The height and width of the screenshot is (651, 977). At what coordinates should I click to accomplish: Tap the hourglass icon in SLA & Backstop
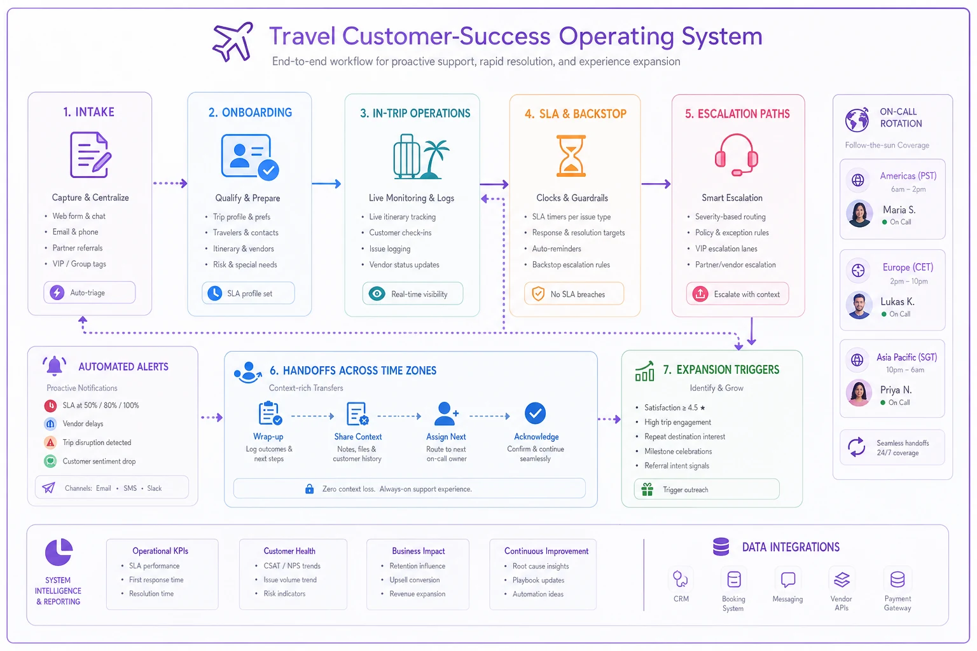point(571,156)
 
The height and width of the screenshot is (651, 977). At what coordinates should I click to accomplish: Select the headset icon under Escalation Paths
point(736,154)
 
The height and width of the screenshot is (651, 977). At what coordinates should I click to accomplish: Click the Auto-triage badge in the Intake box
point(90,292)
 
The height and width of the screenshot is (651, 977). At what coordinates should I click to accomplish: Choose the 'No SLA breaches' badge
point(574,294)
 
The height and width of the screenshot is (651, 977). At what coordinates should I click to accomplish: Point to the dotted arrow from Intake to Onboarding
point(170,183)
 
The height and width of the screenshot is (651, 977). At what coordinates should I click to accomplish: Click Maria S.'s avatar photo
point(859,214)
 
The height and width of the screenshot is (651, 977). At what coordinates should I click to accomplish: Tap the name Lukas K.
point(897,302)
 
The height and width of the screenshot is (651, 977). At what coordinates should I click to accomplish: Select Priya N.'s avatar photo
point(859,393)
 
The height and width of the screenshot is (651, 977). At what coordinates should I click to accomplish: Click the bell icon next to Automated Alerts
point(55,366)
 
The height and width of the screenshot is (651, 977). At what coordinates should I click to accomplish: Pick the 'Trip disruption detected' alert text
point(97,442)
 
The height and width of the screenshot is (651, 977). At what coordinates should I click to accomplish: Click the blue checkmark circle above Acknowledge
point(535,413)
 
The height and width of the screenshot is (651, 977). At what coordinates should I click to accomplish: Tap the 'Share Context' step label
point(357,437)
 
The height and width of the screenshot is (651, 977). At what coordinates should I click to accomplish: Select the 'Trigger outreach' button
point(707,490)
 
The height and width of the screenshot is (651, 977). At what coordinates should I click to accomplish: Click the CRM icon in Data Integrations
point(681,579)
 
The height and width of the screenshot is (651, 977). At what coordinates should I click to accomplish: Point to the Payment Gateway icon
point(897,580)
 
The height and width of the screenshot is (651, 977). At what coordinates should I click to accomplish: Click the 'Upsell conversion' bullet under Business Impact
point(414,580)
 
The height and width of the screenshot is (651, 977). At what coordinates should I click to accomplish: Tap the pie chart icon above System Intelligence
point(59,552)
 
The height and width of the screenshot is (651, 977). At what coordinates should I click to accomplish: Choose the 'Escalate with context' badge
point(737,294)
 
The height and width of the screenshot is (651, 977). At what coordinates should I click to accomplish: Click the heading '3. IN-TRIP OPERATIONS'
point(415,113)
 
